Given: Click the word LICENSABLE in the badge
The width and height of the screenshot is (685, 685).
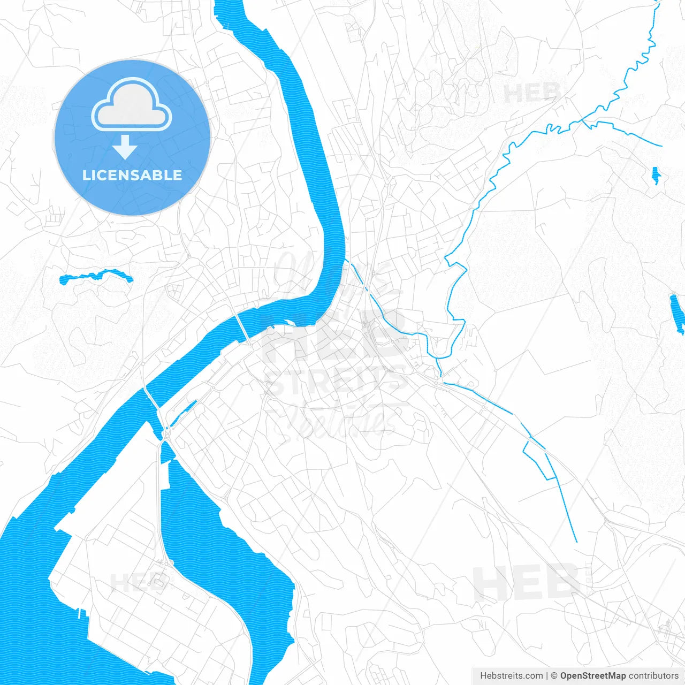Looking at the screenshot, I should click(132, 175).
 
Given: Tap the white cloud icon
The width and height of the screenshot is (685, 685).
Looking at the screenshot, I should click(132, 105).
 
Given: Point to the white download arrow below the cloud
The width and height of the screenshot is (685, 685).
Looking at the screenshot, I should click(125, 147).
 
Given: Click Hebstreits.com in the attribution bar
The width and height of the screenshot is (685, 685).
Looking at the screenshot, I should click(511, 676).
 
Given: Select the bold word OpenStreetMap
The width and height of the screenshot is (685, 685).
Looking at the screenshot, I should click(592, 676).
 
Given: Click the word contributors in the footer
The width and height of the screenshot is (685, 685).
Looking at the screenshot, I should click(653, 676).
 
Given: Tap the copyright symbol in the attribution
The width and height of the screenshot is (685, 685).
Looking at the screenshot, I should click(554, 676).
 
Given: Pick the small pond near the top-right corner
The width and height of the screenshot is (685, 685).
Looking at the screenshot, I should click(655, 176).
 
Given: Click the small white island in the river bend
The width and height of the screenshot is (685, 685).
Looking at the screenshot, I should click(289, 322).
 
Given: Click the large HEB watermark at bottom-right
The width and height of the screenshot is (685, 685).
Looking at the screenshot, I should click(527, 582).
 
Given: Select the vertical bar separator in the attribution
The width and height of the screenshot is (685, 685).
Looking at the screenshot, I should click(546, 676).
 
